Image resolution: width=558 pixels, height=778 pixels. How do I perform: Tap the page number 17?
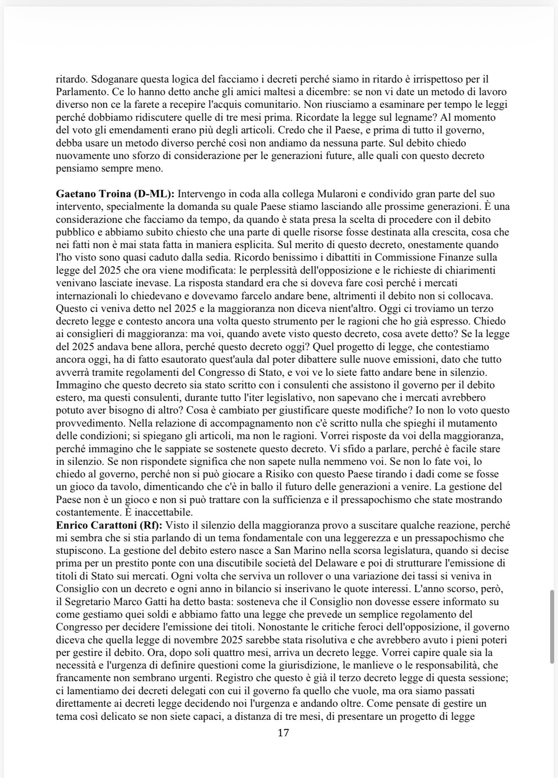tap(283, 733)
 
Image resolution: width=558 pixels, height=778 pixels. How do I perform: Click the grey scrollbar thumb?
tap(552, 626)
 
